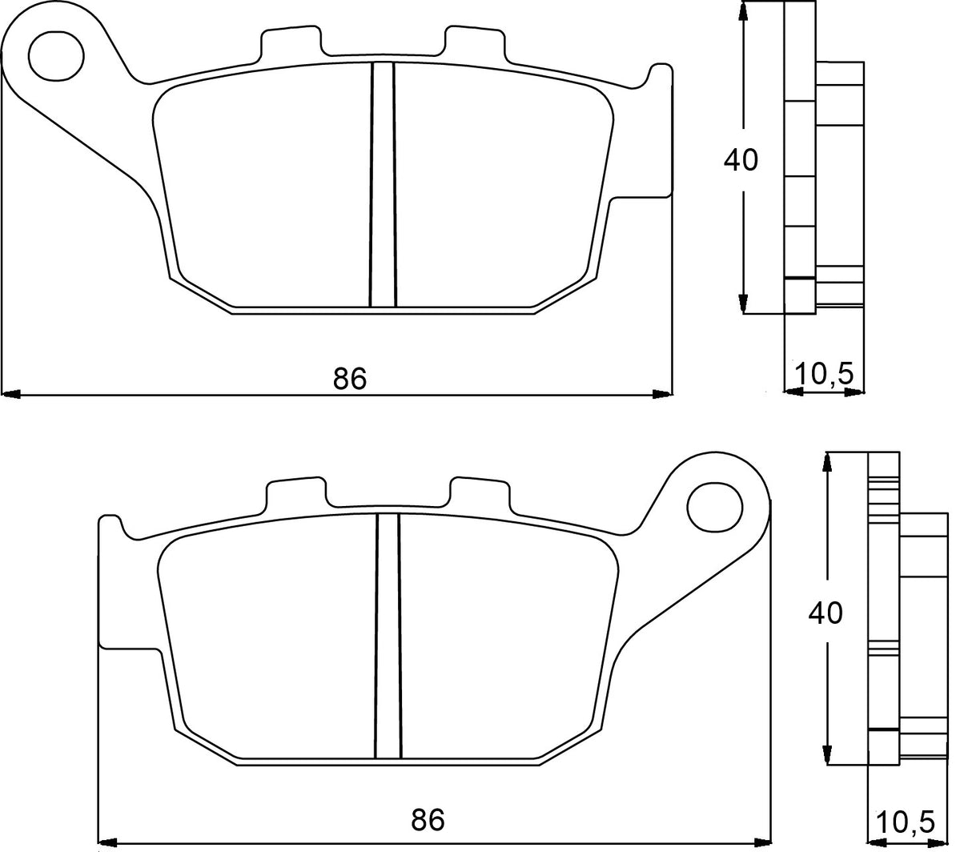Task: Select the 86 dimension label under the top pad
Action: (x=350, y=378)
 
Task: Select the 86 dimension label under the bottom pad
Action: (x=428, y=820)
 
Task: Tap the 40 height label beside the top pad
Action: (x=740, y=160)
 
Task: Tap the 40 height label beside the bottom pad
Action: (x=825, y=613)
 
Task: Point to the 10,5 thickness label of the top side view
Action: (x=825, y=373)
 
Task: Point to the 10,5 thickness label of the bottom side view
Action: (x=906, y=822)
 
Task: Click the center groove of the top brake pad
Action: (x=383, y=184)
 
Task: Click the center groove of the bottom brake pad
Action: (x=388, y=636)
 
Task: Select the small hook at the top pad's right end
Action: (x=659, y=74)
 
